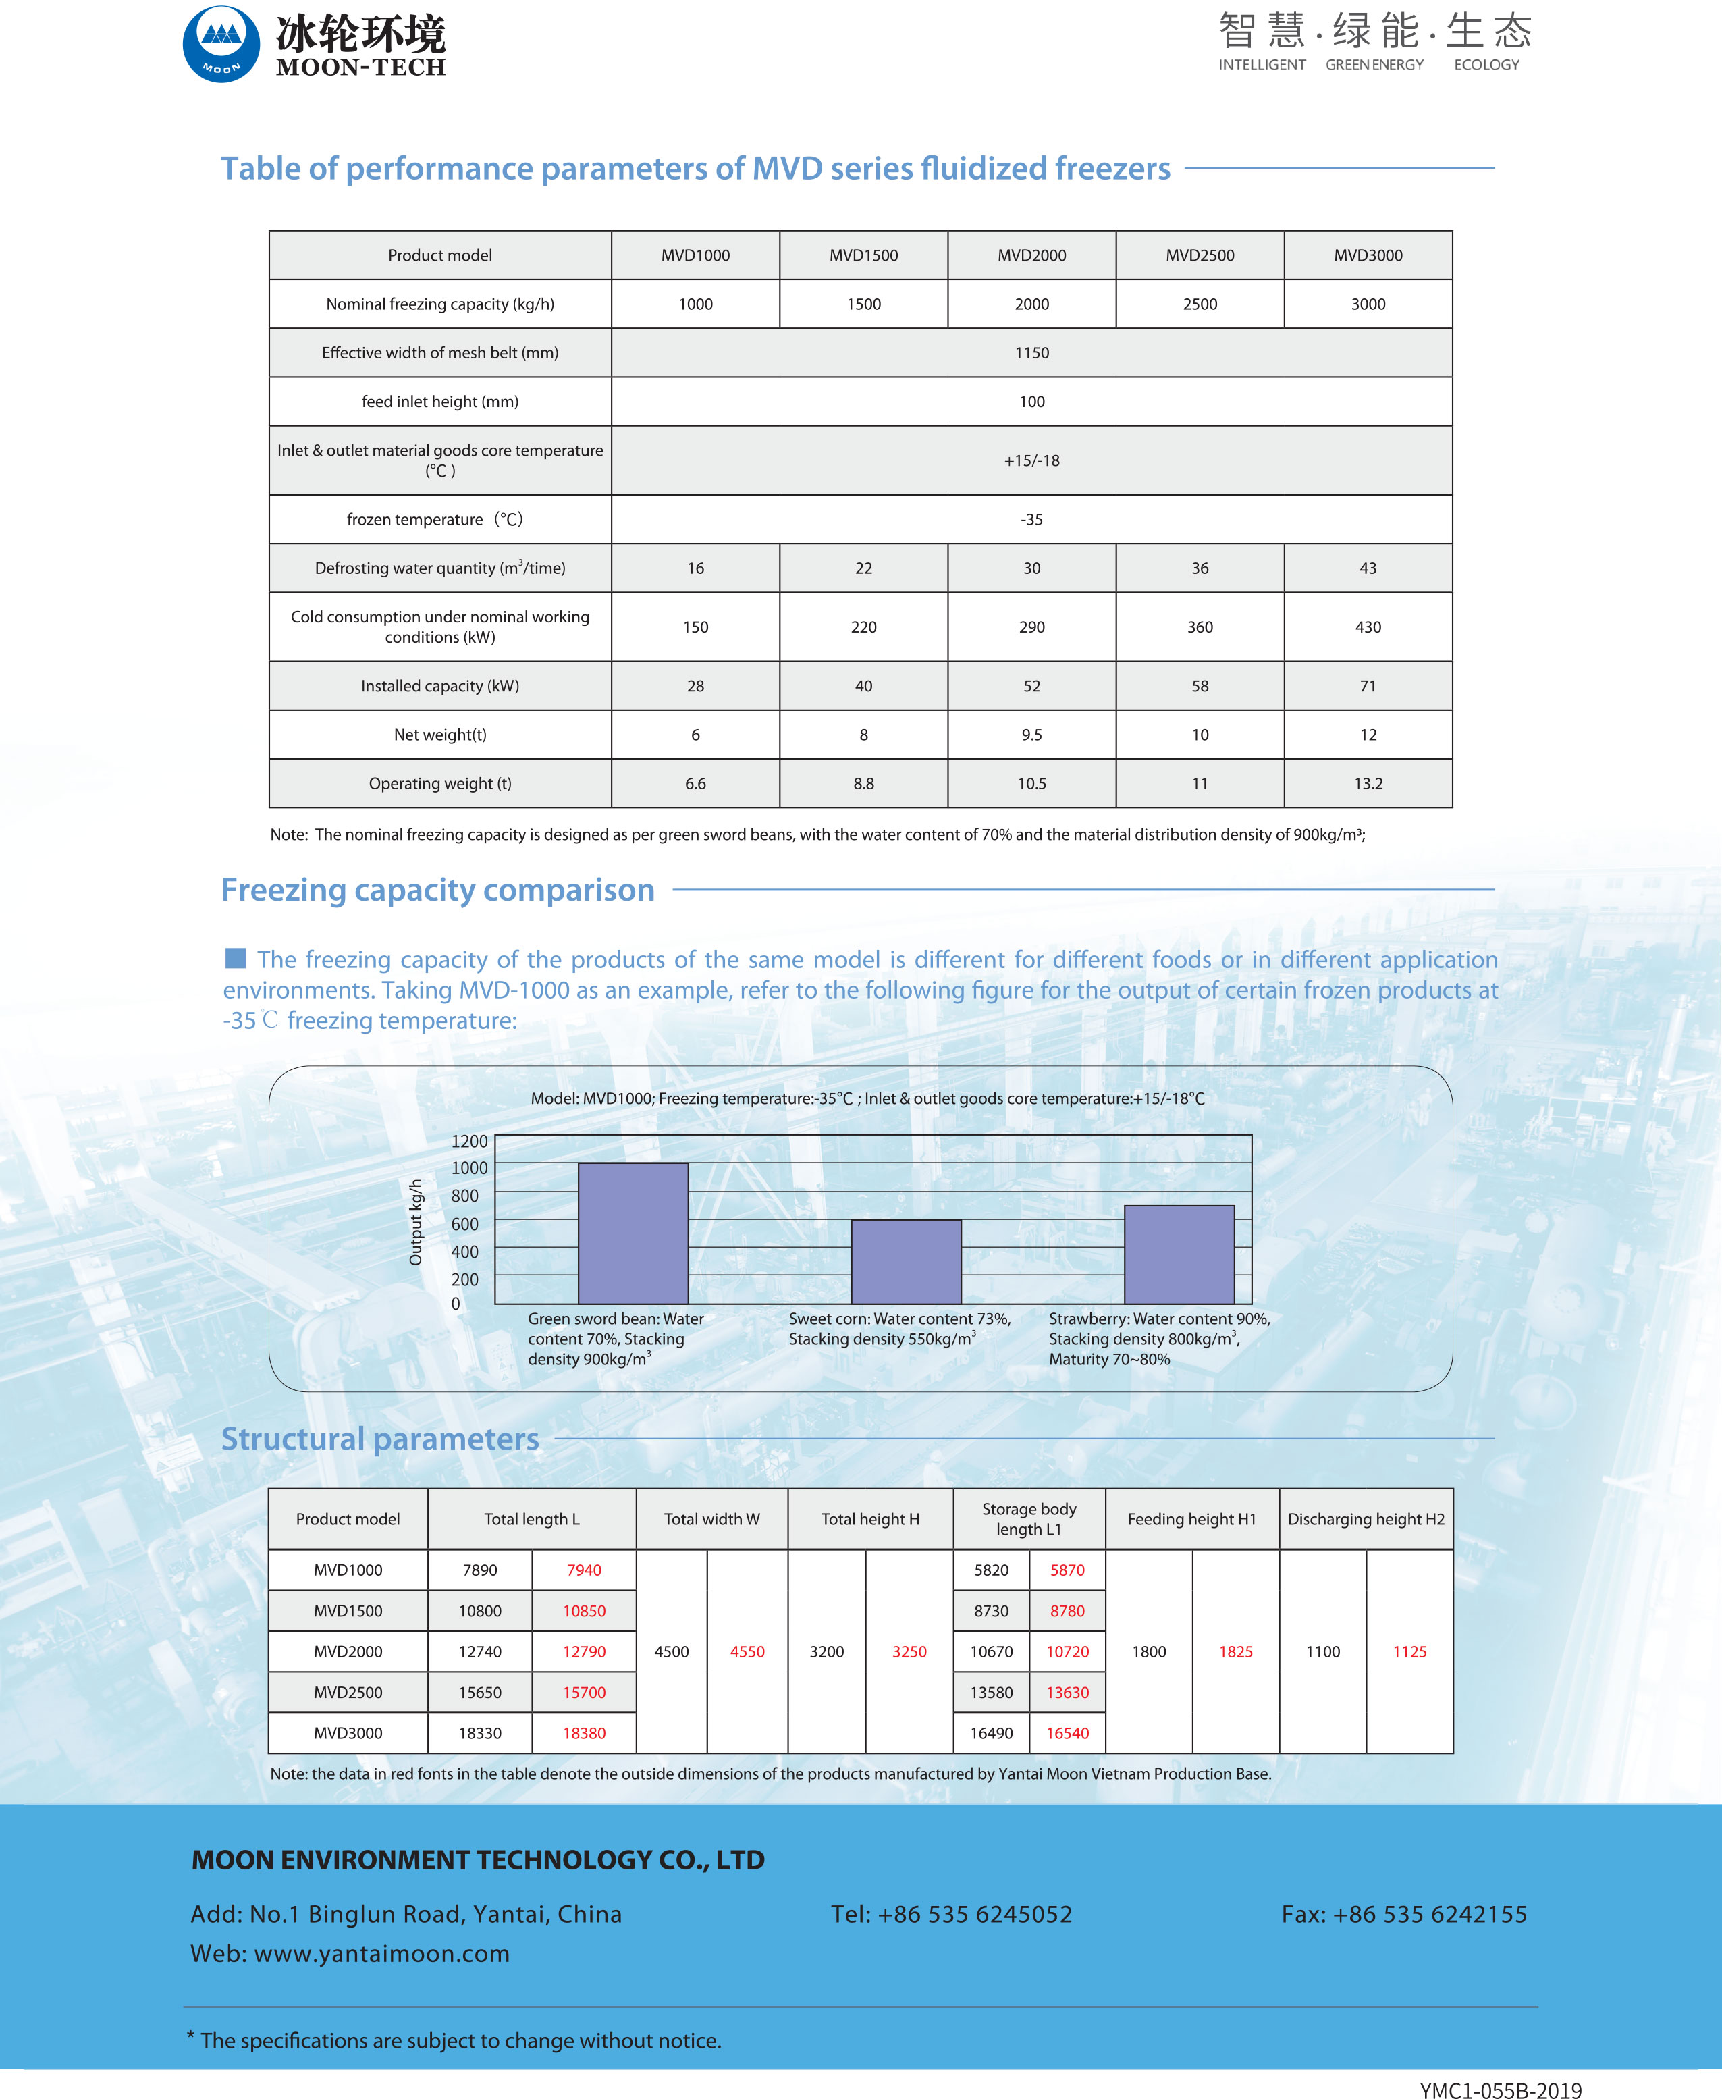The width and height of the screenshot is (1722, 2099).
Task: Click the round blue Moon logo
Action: [x=221, y=45]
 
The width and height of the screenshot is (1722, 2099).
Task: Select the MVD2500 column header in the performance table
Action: [x=1200, y=255]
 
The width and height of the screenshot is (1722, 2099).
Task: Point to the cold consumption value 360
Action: [x=1200, y=627]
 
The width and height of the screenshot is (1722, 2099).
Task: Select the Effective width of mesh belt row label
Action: [x=439, y=353]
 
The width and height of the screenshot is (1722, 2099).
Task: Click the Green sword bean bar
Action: [x=633, y=1233]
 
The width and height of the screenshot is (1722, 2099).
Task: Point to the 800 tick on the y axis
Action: [x=464, y=1195]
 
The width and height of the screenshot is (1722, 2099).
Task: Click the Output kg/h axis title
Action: [x=416, y=1222]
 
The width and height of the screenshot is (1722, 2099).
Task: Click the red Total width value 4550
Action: [x=747, y=1651]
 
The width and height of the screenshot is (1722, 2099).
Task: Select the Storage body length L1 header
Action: [x=1029, y=1518]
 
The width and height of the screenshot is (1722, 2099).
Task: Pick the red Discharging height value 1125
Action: [x=1409, y=1651]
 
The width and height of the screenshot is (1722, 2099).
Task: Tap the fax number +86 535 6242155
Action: [x=1430, y=1913]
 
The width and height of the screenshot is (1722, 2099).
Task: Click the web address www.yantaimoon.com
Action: [x=382, y=1953]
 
